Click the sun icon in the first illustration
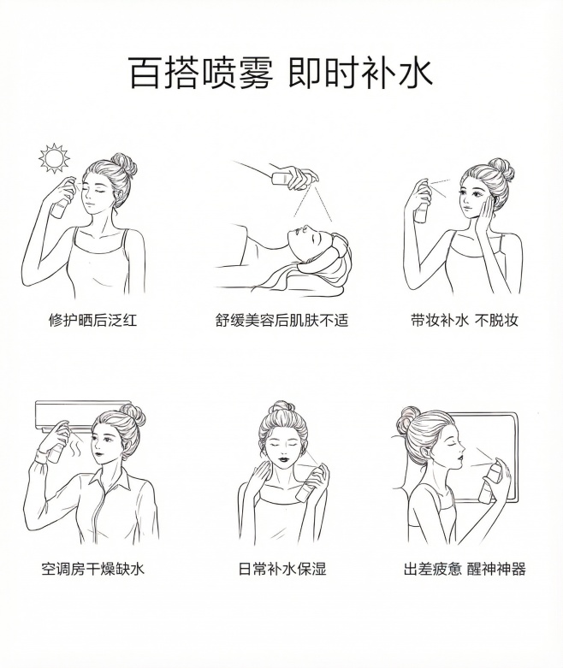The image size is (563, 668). tap(54, 158)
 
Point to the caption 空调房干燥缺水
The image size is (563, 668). tap(92, 568)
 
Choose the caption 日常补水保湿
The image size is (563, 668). tap(281, 568)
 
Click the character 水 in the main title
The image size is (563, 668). tap(412, 73)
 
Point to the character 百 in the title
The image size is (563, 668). tap(145, 73)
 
